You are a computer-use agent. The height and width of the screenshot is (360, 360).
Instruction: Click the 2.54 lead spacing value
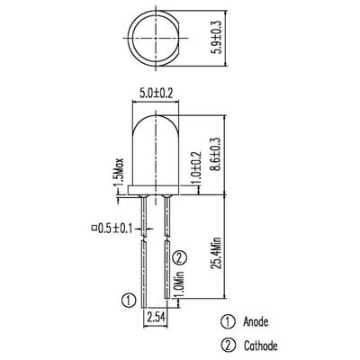pyautogui.click(x=156, y=317)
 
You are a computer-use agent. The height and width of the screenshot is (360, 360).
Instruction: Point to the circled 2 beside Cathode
pyautogui.click(x=229, y=346)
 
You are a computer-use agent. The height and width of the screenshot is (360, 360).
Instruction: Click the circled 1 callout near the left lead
pyautogui.click(x=128, y=300)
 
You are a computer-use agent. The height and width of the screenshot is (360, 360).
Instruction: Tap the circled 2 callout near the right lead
pyautogui.click(x=179, y=257)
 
